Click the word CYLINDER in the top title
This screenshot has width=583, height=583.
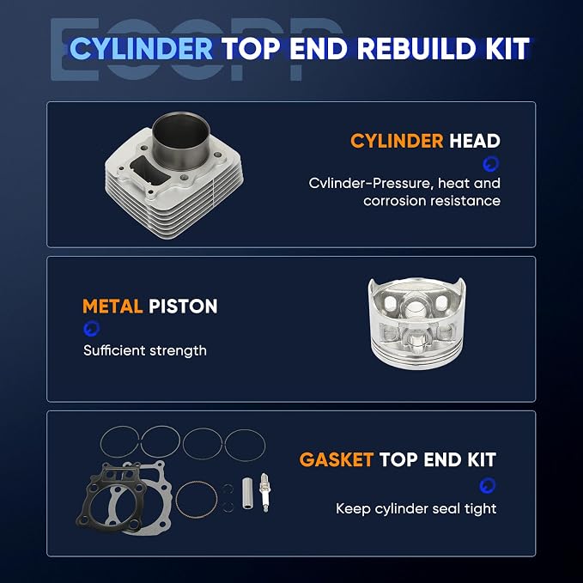(142, 49)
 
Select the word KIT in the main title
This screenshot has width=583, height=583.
(507, 49)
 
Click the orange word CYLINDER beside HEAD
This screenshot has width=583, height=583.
(397, 141)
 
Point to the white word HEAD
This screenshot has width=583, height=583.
(475, 141)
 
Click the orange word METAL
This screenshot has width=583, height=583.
(112, 307)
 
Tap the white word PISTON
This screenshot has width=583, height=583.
(183, 307)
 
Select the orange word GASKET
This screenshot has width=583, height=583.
(336, 459)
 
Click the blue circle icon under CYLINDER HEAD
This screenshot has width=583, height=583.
(491, 164)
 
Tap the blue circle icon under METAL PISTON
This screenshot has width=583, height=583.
(92, 328)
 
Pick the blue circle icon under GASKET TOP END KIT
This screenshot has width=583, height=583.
(487, 485)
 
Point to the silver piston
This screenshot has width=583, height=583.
(416, 323)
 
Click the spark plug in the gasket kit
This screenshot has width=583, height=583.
(264, 492)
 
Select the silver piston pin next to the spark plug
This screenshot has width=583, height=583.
(247, 493)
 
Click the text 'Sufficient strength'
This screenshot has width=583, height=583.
(145, 350)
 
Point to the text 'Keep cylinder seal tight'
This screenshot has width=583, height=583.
(416, 508)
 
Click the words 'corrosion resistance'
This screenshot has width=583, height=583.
(432, 201)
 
